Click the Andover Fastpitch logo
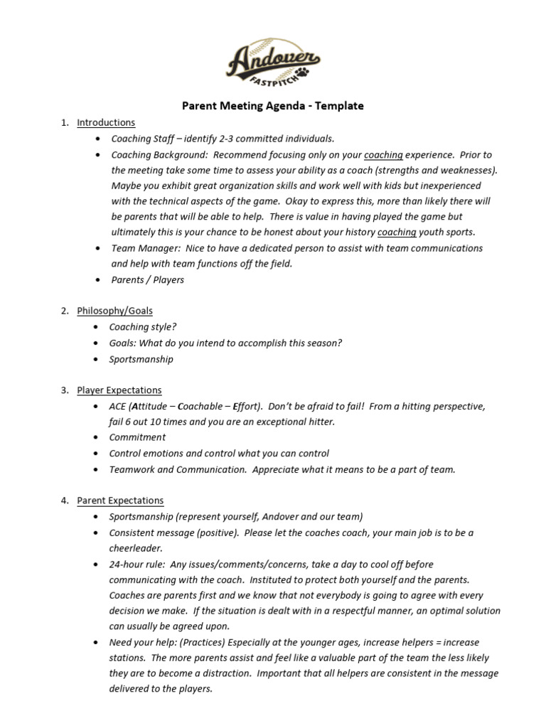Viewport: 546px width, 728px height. (x=273, y=65)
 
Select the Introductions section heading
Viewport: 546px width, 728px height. (x=106, y=123)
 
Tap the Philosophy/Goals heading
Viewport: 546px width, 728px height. (x=114, y=311)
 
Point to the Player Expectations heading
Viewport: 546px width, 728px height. (x=119, y=390)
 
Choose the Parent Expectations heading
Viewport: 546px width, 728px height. (x=120, y=501)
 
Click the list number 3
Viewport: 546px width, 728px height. (x=64, y=390)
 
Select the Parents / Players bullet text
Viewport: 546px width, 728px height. (x=147, y=279)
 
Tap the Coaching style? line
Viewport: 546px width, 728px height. (x=143, y=327)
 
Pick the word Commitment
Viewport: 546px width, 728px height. (x=137, y=437)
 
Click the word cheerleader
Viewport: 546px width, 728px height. (x=136, y=548)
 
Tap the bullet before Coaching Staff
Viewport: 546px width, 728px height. (x=97, y=139)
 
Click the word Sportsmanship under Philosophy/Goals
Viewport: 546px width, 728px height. (x=141, y=359)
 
